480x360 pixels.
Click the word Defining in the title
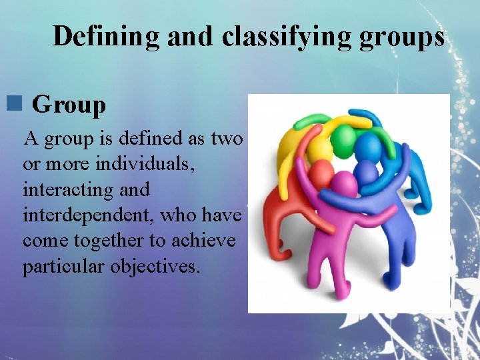pos(107,36)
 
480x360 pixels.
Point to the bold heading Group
pos(69,105)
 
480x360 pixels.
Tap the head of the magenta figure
pos(345,183)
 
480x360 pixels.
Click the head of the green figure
pos(345,139)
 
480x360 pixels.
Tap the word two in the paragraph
pos(227,139)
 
